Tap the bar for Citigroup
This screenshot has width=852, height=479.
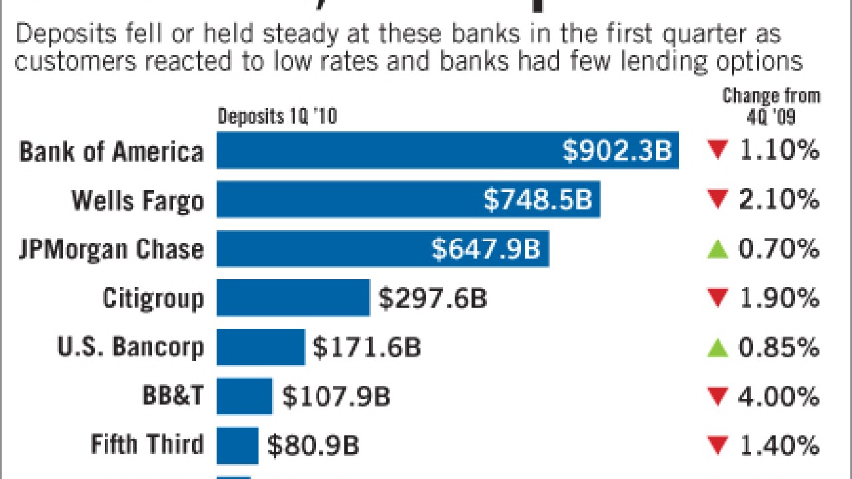tap(293, 297)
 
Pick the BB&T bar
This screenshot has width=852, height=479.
tap(244, 397)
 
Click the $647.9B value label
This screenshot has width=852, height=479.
tap(486, 249)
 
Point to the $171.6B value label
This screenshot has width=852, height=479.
tap(367, 348)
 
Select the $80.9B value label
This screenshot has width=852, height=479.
tap(314, 446)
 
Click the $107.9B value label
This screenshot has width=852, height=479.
tap(336, 397)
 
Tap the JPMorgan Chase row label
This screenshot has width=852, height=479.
tap(111, 249)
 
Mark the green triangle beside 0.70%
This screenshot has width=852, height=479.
tap(717, 249)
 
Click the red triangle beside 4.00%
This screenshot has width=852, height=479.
tap(717, 398)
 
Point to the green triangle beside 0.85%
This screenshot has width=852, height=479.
tap(717, 347)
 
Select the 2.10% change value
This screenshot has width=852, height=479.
tap(778, 200)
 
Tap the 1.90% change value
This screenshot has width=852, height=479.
tap(778, 298)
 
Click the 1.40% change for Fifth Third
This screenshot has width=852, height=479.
tap(778, 446)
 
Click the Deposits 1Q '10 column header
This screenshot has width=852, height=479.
tap(278, 118)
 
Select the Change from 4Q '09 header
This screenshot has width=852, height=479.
tap(771, 106)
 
